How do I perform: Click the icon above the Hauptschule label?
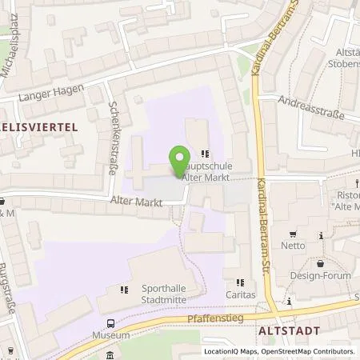pos(206,153)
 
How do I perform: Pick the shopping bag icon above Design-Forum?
pos(320,263)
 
